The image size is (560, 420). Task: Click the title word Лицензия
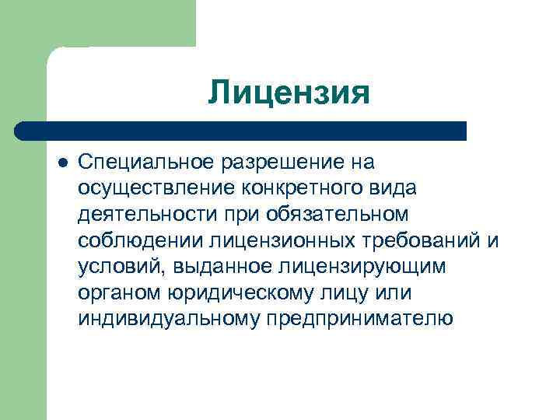tap(289, 93)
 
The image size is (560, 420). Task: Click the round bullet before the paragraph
tap(62, 163)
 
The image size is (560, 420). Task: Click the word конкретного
tap(306, 188)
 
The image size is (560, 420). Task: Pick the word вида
tap(394, 188)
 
